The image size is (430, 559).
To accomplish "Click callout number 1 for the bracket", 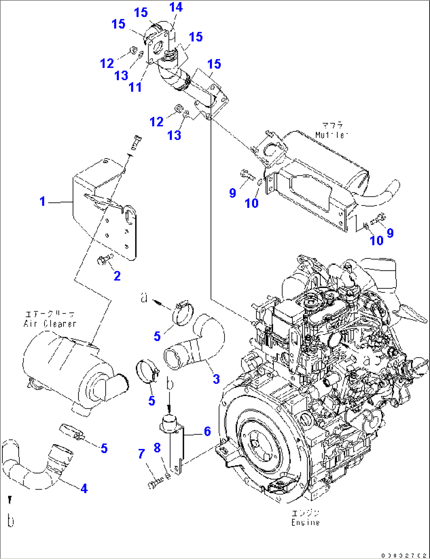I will coord(43,202).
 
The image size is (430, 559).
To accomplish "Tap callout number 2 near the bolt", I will coord(117,276).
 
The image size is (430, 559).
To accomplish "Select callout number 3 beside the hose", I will coord(216,379).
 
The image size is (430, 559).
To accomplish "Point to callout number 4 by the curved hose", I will coord(84,488).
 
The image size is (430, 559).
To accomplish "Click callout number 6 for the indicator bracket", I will coord(208,431).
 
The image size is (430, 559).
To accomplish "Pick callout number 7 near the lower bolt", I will coord(142,454).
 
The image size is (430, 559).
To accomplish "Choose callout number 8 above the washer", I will coord(157,448).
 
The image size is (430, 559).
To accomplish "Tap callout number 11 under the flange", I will coord(135,87).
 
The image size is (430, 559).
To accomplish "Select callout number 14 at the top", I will coord(176,7).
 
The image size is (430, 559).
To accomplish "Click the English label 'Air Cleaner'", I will coord(50,324).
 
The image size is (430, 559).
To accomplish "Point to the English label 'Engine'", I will coord(305,523).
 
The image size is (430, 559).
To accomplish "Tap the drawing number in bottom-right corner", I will coord(404,555).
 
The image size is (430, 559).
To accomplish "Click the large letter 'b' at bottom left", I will coord(11,521).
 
